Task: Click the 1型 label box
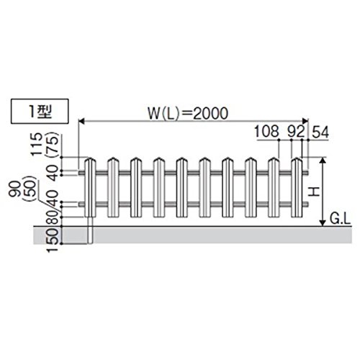(x=40, y=111)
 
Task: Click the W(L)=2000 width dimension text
(x=188, y=114)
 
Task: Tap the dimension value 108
(x=266, y=132)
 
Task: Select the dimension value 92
(x=296, y=132)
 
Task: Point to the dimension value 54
(x=320, y=132)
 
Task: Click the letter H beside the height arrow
(x=313, y=192)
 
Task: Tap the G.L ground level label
(x=340, y=219)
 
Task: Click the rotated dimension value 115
(x=37, y=144)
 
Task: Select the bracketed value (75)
(x=53, y=145)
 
